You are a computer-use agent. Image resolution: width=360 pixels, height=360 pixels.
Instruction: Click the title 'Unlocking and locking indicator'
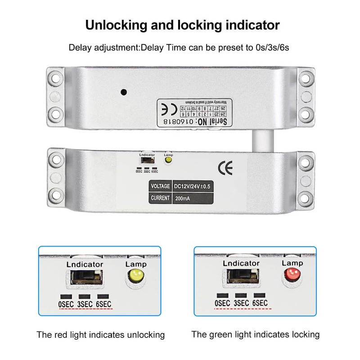[x=182, y=24]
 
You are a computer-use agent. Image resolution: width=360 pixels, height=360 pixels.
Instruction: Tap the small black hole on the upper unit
[x=123, y=92]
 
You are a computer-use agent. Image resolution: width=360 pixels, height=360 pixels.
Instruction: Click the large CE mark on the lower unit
[x=225, y=168]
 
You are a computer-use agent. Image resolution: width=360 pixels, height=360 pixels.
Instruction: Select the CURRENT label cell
[x=160, y=198]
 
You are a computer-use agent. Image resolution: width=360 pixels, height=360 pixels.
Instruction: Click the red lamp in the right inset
[x=292, y=274]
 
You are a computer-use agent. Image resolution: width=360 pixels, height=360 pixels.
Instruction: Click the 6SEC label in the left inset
[x=103, y=304]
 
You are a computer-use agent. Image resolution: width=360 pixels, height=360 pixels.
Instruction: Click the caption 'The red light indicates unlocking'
[x=101, y=335]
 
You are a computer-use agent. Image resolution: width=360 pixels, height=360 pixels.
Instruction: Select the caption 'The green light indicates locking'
[x=255, y=334]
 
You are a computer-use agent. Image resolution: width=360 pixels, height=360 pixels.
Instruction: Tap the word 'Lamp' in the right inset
[x=292, y=263]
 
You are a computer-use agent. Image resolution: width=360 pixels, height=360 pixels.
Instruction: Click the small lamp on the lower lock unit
[x=169, y=160]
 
